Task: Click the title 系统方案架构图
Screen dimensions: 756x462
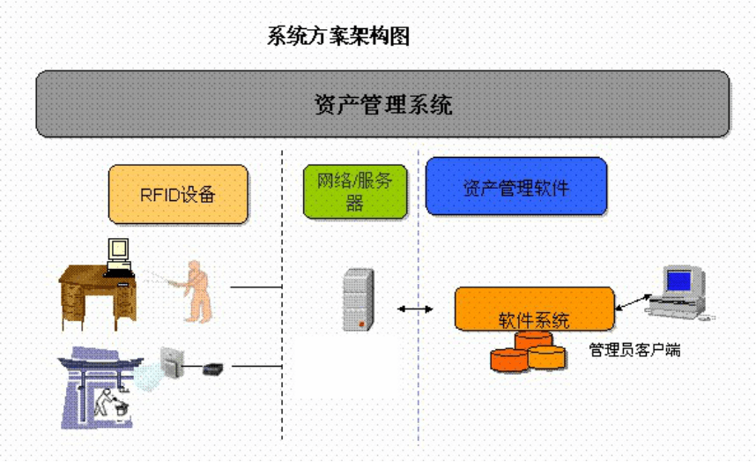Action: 338,36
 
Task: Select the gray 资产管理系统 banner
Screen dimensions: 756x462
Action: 382,104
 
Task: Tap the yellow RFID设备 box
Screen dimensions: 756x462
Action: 178,194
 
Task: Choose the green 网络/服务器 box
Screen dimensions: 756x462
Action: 355,192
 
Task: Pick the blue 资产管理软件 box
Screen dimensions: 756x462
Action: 516,186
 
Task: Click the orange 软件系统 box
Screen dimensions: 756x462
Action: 534,309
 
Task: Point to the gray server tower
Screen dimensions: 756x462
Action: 359,300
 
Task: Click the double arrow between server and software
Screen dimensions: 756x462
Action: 415,309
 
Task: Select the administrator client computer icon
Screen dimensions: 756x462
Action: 680,293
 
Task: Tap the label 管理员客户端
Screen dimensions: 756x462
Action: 635,350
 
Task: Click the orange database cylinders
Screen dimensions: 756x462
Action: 528,352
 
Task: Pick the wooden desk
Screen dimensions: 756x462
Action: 98,297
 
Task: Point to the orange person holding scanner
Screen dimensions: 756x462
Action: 196,292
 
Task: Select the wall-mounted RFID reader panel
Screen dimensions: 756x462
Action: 172,362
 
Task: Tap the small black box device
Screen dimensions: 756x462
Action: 212,370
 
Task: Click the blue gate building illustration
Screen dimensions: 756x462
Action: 100,387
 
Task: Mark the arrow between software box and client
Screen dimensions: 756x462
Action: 634,302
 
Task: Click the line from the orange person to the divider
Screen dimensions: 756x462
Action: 256,287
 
